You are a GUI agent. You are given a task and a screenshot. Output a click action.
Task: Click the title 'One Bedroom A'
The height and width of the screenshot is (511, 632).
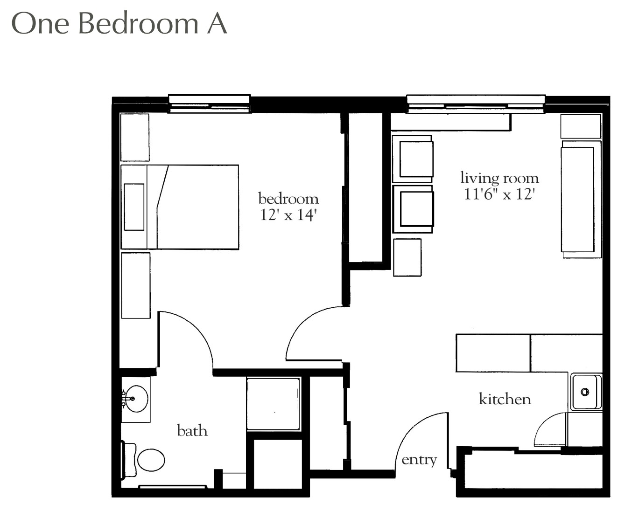point(119,23)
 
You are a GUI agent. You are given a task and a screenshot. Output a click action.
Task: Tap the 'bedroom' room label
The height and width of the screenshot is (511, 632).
point(288,198)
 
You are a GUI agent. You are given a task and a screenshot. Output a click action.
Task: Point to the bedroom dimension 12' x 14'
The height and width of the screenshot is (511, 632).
point(287,215)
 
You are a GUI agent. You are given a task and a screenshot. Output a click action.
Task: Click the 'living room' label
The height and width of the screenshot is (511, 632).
point(499,178)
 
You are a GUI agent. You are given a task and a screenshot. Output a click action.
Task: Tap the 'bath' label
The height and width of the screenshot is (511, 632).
point(192,430)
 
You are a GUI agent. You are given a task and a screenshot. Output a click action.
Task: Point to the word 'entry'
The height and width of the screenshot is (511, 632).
point(419,460)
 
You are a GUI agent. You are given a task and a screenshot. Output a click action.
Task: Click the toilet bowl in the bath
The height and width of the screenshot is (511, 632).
point(151,460)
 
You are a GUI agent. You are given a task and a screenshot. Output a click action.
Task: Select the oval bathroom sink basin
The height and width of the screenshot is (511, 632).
point(136,399)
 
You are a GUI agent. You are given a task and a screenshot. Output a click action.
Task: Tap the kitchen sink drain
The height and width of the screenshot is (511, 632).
point(585,392)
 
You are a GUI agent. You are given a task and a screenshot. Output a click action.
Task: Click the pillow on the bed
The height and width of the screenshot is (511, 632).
point(134,207)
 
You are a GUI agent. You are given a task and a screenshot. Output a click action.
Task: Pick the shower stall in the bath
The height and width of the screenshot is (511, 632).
point(273,404)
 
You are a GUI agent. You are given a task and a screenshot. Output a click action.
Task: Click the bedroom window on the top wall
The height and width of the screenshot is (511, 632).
point(210,104)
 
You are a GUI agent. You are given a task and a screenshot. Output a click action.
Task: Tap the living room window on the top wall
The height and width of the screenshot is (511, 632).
point(476,104)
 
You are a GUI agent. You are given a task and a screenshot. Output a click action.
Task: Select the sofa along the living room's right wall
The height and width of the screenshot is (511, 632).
point(581,199)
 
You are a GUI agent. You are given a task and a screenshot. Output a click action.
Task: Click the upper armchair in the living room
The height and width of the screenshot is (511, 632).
point(413,159)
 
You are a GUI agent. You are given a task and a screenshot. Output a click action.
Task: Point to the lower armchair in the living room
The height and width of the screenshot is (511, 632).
point(413,209)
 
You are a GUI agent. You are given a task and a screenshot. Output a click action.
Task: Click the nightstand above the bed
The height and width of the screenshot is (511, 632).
point(135,137)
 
